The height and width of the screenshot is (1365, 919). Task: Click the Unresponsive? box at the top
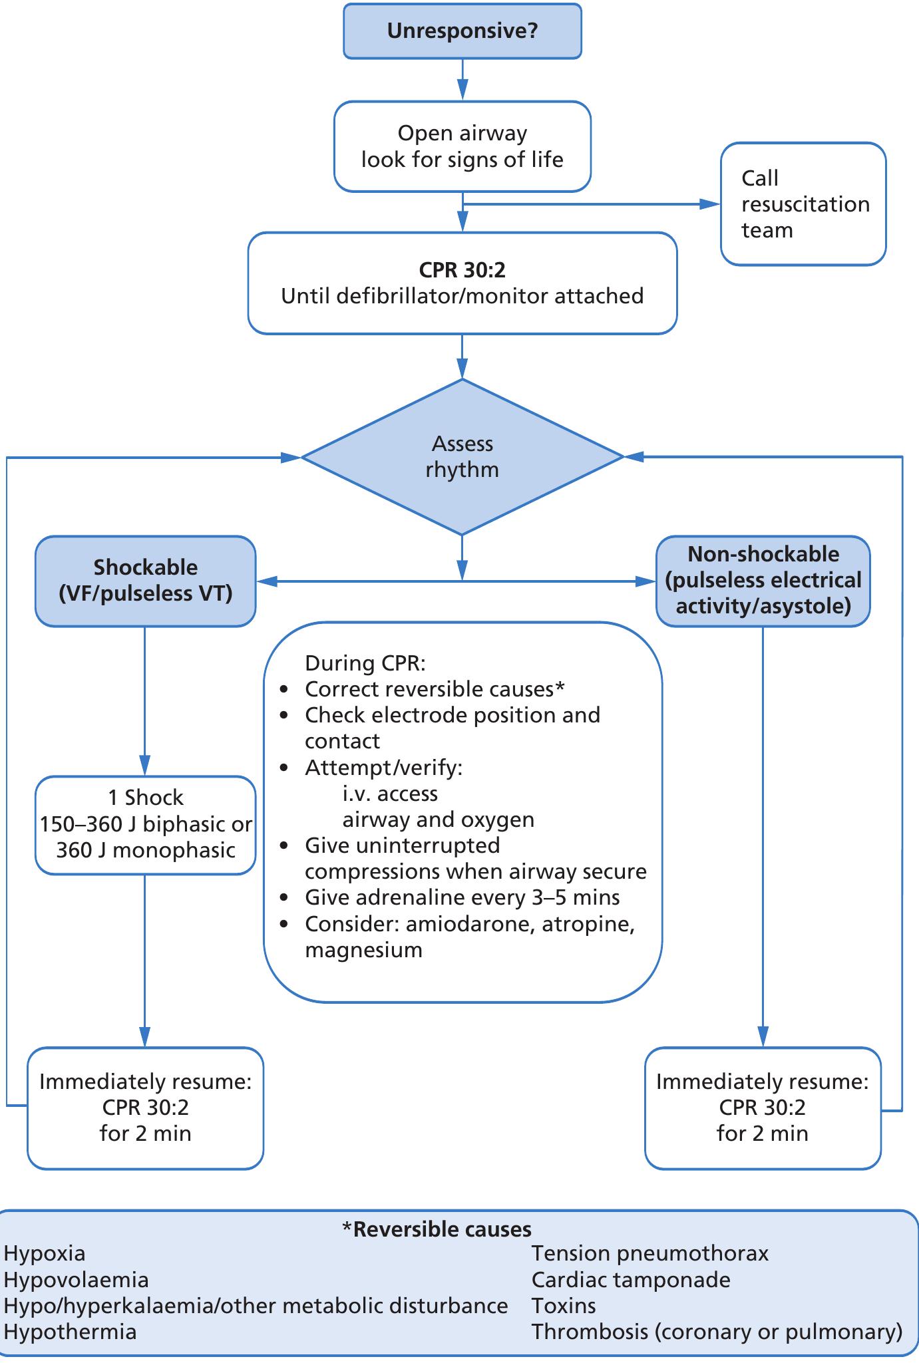tap(462, 31)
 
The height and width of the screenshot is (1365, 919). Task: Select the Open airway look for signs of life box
tap(462, 146)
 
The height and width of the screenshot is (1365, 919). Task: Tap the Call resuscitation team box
tap(803, 204)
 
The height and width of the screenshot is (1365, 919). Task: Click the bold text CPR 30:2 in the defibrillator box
tap(462, 270)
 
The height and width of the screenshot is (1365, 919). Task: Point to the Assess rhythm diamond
tap(462, 456)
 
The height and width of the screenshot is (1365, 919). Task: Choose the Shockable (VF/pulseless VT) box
tap(145, 581)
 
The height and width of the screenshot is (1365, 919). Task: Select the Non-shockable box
tap(763, 581)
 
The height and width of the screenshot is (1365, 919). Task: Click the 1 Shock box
tap(145, 824)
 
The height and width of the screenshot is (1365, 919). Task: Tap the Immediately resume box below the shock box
tap(145, 1108)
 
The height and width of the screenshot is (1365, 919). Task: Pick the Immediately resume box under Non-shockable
tap(763, 1108)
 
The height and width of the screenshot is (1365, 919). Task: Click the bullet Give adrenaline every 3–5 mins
tap(462, 897)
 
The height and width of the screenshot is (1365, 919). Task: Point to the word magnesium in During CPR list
tap(363, 950)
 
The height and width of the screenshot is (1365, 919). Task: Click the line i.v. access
tap(390, 794)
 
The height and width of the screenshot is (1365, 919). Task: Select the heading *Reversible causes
tap(437, 1229)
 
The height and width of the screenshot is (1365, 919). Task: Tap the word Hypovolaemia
tap(76, 1280)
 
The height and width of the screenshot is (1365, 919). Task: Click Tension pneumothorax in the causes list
tap(649, 1254)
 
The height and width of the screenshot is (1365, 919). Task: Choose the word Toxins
tap(563, 1306)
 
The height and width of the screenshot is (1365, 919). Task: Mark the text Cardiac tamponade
tap(630, 1280)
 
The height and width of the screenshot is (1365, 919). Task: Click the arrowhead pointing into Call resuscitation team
tap(712, 204)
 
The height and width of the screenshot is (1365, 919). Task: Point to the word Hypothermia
tap(70, 1332)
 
